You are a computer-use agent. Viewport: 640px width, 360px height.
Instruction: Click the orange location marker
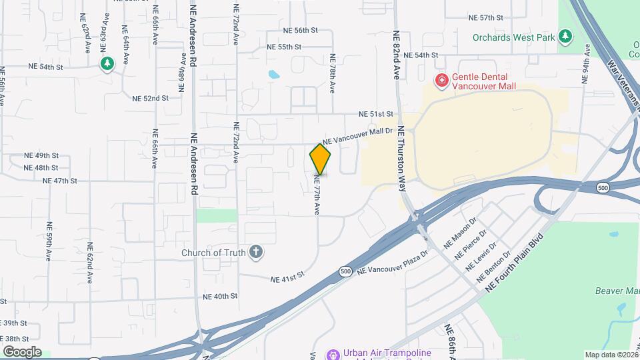(x=320, y=159)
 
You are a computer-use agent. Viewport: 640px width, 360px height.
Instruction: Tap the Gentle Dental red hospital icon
(x=441, y=81)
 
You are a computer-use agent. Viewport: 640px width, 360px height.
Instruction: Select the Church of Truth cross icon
(x=255, y=252)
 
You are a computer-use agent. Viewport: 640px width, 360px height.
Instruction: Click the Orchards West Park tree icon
(x=566, y=37)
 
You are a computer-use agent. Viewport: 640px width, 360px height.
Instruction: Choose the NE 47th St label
(x=60, y=181)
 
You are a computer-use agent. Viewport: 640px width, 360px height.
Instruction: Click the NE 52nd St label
(x=151, y=98)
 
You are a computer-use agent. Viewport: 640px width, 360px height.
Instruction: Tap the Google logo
(x=21, y=352)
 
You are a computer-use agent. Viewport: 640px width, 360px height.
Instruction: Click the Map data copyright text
(x=611, y=355)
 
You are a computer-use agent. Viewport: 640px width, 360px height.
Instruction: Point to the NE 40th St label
(x=220, y=296)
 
